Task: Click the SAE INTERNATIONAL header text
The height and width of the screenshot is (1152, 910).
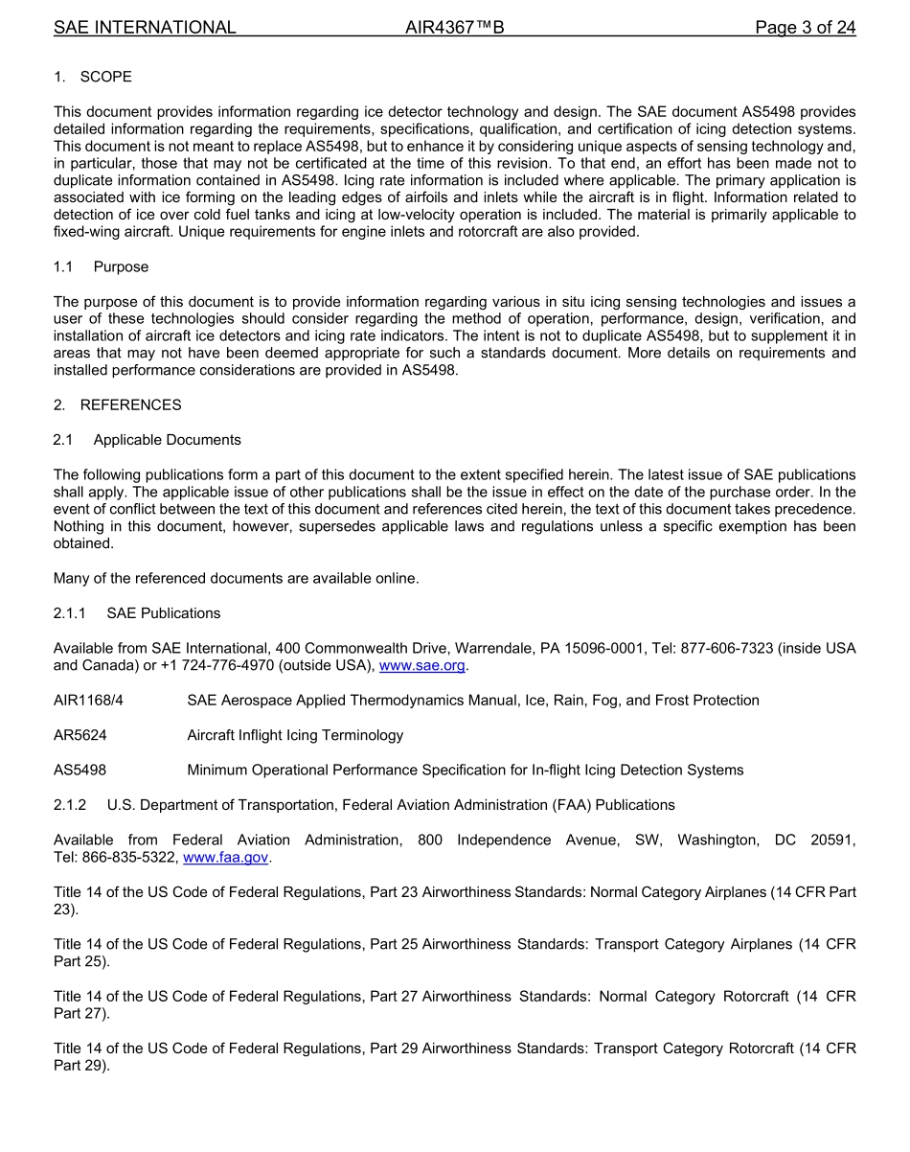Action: pos(145,27)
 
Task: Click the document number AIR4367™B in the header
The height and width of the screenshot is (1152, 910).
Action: pos(454,27)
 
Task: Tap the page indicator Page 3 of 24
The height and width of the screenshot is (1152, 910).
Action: pos(805,27)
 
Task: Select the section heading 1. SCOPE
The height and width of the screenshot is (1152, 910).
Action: pos(93,77)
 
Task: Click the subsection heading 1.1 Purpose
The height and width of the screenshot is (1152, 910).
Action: pos(101,266)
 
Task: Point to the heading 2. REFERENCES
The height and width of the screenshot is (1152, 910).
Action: pos(117,404)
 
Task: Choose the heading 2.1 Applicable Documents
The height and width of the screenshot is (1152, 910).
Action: pos(148,440)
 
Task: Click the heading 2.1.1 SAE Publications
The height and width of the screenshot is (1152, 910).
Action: pos(137,613)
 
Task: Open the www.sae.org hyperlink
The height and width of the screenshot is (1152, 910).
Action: pos(421,666)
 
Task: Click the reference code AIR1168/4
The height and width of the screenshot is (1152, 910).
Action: pos(88,701)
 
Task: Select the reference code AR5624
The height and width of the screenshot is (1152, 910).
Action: pos(80,735)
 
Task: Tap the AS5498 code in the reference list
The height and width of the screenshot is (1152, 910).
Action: pos(80,770)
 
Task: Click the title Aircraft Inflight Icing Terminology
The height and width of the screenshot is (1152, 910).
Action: pos(295,735)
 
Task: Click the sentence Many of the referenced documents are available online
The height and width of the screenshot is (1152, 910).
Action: pos(236,578)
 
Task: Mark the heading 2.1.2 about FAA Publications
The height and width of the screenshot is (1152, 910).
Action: pos(364,805)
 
